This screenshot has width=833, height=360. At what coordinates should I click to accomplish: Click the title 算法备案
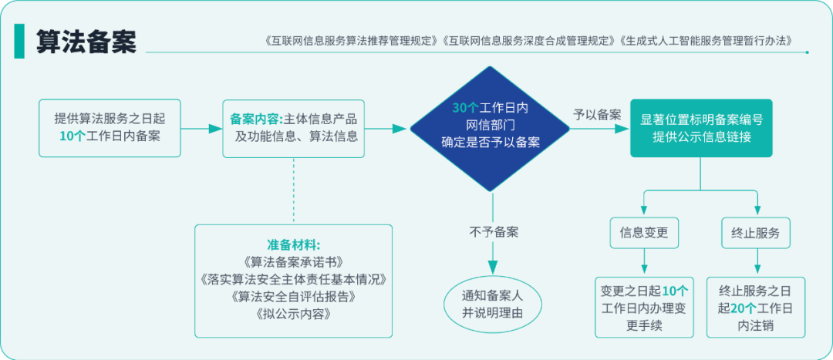coord(86,42)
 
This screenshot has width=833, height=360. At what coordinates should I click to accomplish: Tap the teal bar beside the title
coord(19,42)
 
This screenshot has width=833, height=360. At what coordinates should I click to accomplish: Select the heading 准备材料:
coord(293,244)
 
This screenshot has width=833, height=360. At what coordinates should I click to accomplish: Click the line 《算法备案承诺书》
coord(293,261)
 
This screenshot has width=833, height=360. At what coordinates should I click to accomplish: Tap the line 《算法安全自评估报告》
coord(293,296)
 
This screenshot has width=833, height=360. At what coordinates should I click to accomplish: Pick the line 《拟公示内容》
coord(293,314)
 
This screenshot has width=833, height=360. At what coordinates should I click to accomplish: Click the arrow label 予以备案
coord(597,114)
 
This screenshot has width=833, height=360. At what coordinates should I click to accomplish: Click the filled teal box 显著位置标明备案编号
coord(700,129)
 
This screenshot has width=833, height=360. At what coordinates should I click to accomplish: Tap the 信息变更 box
coord(643,232)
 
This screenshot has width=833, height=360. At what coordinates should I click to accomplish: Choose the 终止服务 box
coord(756,232)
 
